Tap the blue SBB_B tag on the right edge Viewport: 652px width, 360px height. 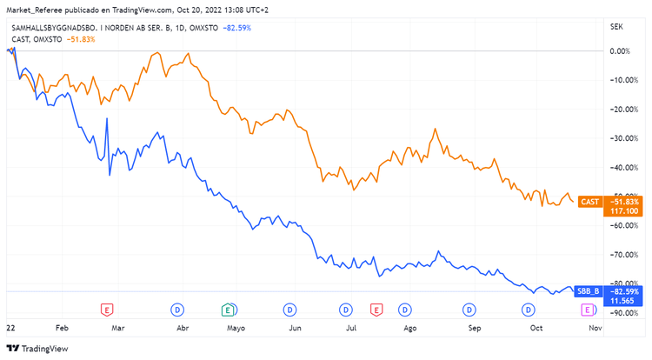point(588,290)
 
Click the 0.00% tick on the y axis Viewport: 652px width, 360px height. point(619,50)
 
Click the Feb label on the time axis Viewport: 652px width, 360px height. point(61,329)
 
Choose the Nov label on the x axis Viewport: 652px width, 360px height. point(595,329)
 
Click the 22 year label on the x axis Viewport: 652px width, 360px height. point(10,329)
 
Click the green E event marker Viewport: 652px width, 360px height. point(228,310)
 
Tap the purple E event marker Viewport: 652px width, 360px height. point(588,310)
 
